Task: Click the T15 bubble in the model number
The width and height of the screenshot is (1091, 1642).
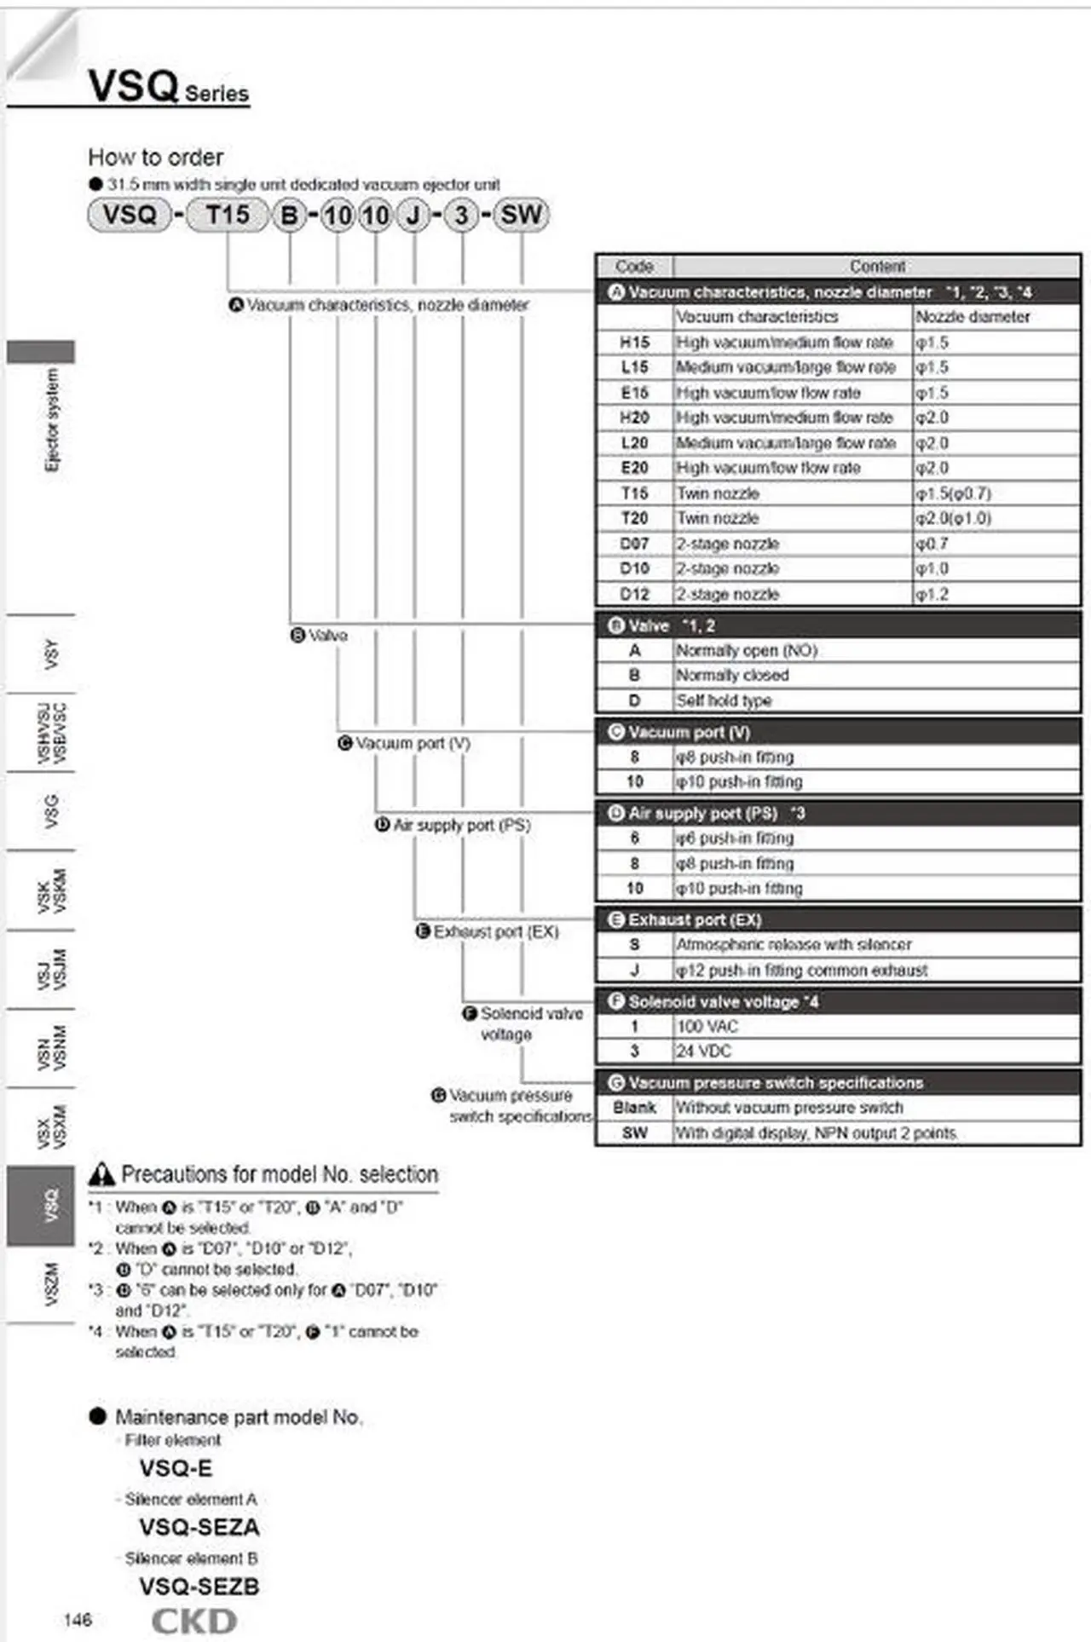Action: (228, 215)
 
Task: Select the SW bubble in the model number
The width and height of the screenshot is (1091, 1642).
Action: (521, 215)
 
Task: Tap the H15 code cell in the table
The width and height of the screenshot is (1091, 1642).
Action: (634, 343)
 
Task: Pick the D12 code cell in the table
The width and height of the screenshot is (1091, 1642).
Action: (634, 594)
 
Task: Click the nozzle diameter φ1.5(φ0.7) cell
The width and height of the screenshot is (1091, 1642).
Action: (953, 493)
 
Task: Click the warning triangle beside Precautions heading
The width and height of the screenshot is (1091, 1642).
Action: (101, 1175)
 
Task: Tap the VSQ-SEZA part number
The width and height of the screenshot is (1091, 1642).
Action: (199, 1527)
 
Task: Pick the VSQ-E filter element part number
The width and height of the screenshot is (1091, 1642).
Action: (176, 1468)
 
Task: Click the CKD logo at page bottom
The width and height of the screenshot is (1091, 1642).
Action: (194, 1621)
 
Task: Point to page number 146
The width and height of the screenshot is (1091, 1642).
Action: (78, 1620)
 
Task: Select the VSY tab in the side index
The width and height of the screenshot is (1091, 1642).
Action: (51, 654)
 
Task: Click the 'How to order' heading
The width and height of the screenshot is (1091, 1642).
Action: (156, 158)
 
